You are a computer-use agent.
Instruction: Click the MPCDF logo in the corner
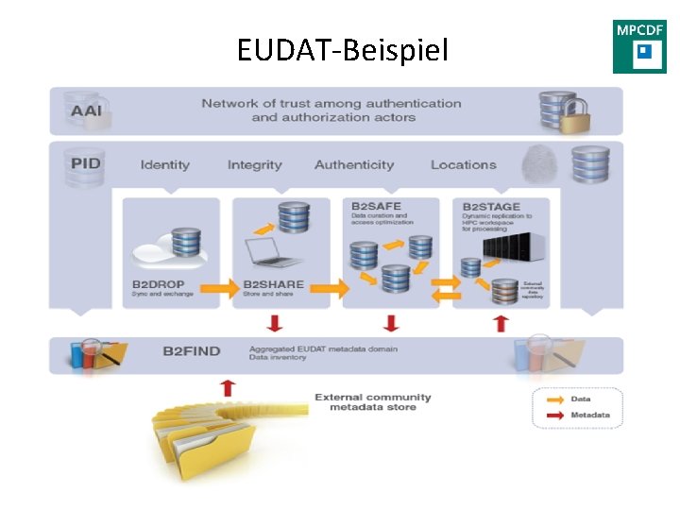tap(639, 46)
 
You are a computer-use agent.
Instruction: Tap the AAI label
tap(85, 110)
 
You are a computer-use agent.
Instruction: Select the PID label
tap(85, 163)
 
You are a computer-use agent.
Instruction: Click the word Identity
tap(165, 165)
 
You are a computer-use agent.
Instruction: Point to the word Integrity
tap(254, 165)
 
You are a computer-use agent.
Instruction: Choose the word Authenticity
tap(354, 165)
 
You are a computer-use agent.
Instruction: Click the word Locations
tap(463, 165)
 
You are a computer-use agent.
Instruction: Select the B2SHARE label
tap(274, 284)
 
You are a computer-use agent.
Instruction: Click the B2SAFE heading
tap(376, 206)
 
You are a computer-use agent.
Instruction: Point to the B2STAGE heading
tap(489, 206)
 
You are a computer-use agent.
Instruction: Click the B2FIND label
tap(191, 351)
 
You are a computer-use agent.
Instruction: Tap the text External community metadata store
tap(372, 402)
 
